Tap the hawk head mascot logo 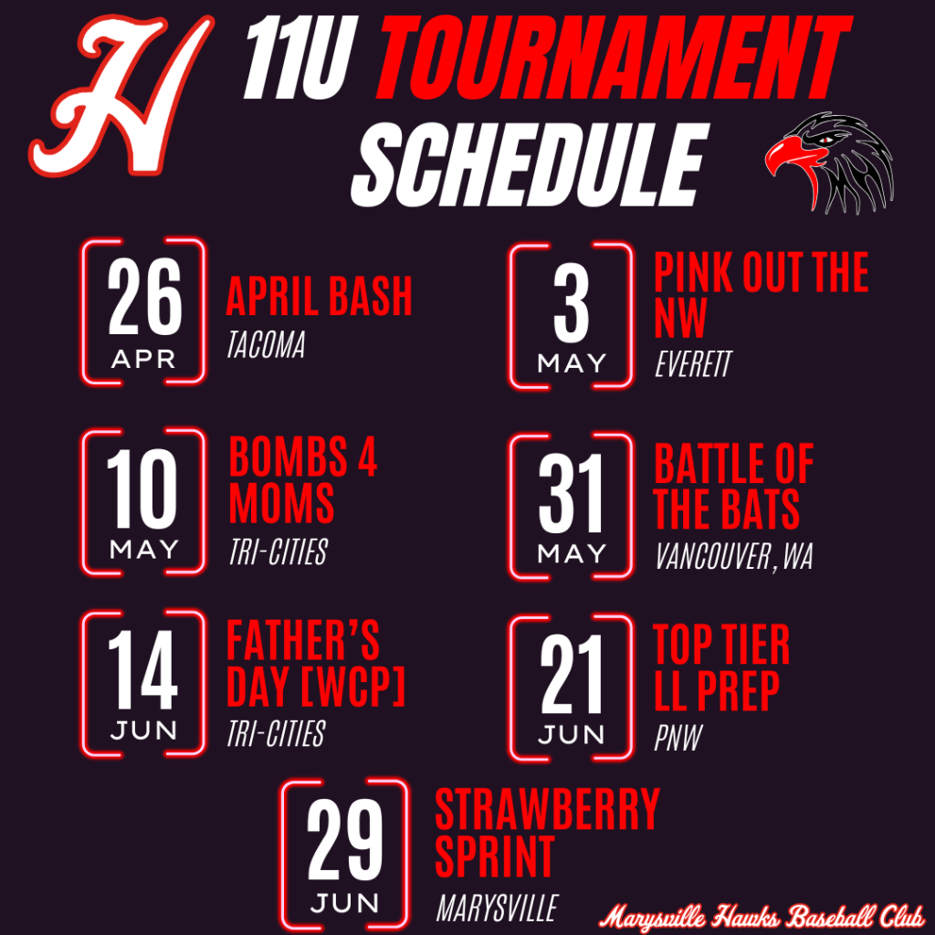click(829, 163)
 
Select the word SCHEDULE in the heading click(531, 165)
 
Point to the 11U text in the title click(300, 58)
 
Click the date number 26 click(144, 297)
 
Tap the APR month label click(143, 360)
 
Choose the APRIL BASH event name click(319, 296)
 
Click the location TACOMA click(266, 344)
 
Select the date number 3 click(572, 303)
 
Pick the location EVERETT click(693, 363)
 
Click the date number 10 click(142, 489)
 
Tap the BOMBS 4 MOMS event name click(303, 480)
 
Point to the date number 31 click(571, 493)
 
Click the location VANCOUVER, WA click(734, 557)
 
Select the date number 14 click(142, 669)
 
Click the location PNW click(678, 738)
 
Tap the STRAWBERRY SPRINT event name click(548, 833)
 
